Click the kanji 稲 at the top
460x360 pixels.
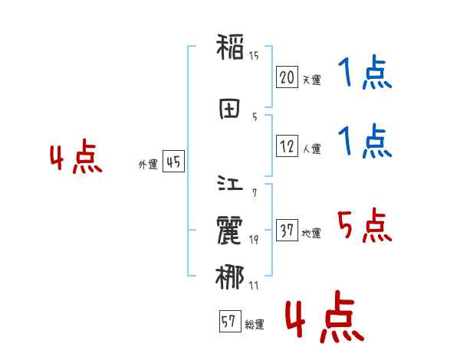230,48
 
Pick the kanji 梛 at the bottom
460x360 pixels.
230,277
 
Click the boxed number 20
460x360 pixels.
287,77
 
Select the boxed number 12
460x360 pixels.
287,146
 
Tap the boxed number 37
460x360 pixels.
287,231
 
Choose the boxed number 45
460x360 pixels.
173,162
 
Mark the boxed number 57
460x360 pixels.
229,322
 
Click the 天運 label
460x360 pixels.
311,80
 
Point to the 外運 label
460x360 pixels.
148,165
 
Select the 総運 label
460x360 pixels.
255,325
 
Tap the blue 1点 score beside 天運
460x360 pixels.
364,74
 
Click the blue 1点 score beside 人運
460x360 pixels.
364,142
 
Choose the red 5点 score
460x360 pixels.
364,226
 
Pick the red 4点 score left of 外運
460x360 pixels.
75,158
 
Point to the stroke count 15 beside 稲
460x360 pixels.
254,55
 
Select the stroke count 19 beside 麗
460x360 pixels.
254,240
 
